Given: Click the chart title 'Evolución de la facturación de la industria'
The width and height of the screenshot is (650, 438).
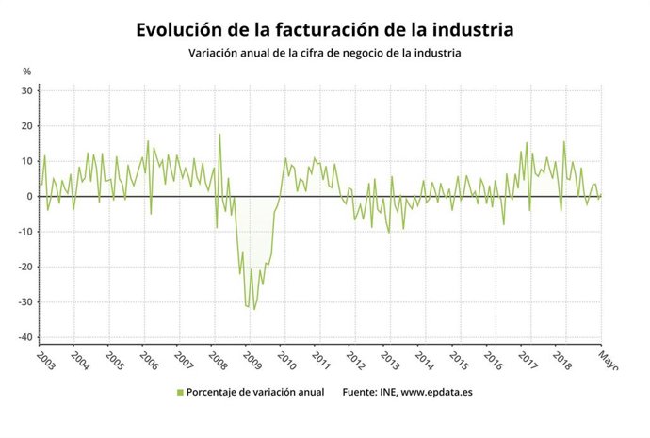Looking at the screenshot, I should [x=325, y=29].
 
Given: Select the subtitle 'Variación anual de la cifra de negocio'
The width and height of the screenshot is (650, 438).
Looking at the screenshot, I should [x=325, y=53].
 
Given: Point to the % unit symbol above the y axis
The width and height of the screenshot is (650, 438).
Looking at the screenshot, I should [x=27, y=72].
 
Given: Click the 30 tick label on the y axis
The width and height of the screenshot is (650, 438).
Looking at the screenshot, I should [x=27, y=90].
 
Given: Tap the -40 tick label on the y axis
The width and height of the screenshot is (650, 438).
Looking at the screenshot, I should [x=25, y=337].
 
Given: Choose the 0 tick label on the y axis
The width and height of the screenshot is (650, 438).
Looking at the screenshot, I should [x=30, y=196].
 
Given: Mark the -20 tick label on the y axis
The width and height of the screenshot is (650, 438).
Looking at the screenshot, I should [x=25, y=267].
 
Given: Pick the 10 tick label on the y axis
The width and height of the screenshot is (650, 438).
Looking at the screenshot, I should [x=27, y=161].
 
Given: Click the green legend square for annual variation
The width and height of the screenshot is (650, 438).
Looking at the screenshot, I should [x=179, y=392].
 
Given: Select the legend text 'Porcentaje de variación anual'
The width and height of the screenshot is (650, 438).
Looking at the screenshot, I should [x=255, y=392].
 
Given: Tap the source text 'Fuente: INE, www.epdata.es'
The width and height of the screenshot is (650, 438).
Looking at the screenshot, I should [x=408, y=392].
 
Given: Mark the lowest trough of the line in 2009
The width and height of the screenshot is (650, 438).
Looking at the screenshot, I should [x=253, y=309].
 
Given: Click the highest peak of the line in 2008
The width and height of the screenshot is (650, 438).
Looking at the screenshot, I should [x=220, y=134].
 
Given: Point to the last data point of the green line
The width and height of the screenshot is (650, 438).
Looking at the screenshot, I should [x=601, y=195].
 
